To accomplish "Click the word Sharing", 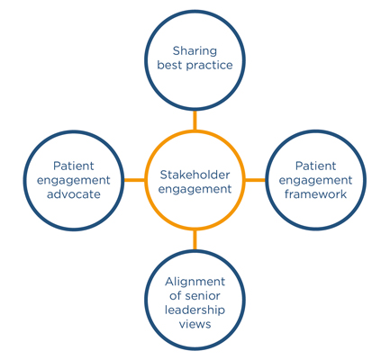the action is pos(195,51).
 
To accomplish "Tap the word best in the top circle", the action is pos(169,65).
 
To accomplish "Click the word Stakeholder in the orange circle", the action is pos(195,175).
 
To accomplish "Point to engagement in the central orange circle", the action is pos(195,190).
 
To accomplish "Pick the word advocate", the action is pos(74,194).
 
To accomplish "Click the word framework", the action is pos(315,194).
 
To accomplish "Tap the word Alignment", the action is pos(195,282).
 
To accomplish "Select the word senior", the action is pos(203,296).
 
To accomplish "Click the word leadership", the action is pos(195,310).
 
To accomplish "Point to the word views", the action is pos(195,324).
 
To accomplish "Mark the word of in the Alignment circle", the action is pos(175,295).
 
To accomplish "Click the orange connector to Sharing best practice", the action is pos(195,121).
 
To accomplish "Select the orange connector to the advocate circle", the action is pos(134,180).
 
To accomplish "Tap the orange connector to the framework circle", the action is pos(255,180).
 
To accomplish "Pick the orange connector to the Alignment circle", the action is pos(195,239).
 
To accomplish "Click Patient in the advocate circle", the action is pos(74,166).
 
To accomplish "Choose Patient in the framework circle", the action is pos(315,166).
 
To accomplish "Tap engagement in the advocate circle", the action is pos(74,181).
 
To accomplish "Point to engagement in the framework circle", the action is pos(315,181).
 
